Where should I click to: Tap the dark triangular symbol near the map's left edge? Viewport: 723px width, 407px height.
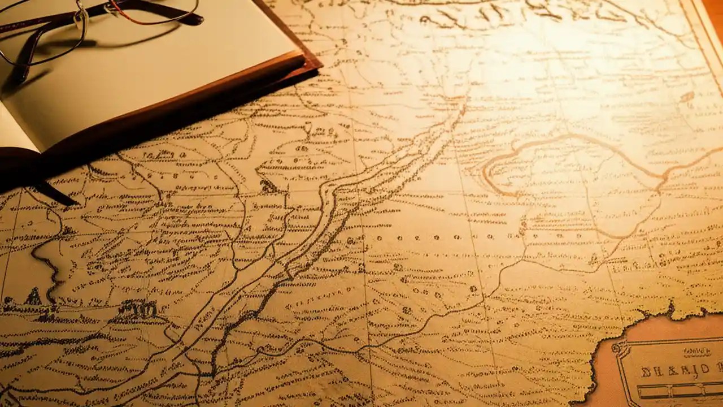[x=34, y=297]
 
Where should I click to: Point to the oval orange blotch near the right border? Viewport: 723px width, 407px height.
[x=687, y=97]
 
